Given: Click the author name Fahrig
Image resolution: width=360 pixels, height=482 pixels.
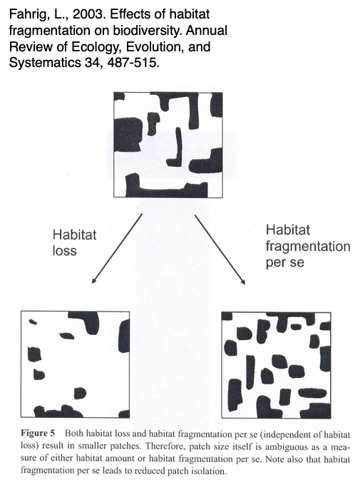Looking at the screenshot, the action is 27,15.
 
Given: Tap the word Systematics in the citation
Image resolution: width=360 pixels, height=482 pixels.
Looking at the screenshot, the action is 45,63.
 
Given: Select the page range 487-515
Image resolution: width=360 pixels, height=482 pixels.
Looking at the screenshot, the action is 133,63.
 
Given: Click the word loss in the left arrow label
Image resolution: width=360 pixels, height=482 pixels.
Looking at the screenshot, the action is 65,251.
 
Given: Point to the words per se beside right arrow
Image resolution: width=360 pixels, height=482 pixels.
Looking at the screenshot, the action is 285,263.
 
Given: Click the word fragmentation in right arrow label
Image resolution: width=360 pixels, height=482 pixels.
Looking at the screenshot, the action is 308,247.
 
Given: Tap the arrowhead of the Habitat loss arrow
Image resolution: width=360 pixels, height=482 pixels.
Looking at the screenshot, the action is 94,281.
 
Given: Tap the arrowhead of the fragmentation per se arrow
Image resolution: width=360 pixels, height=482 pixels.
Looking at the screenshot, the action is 243,282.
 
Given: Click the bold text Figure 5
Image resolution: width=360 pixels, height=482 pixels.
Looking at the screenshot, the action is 38,434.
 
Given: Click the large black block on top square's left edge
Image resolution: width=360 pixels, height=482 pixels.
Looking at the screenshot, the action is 128,135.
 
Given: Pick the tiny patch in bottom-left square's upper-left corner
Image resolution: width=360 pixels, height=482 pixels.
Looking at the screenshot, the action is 33,322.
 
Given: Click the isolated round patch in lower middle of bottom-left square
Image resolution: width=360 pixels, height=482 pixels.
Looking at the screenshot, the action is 80,393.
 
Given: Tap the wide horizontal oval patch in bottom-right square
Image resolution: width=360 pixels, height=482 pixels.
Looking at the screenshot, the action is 312,393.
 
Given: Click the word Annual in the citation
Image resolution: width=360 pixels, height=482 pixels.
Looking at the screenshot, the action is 206,31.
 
